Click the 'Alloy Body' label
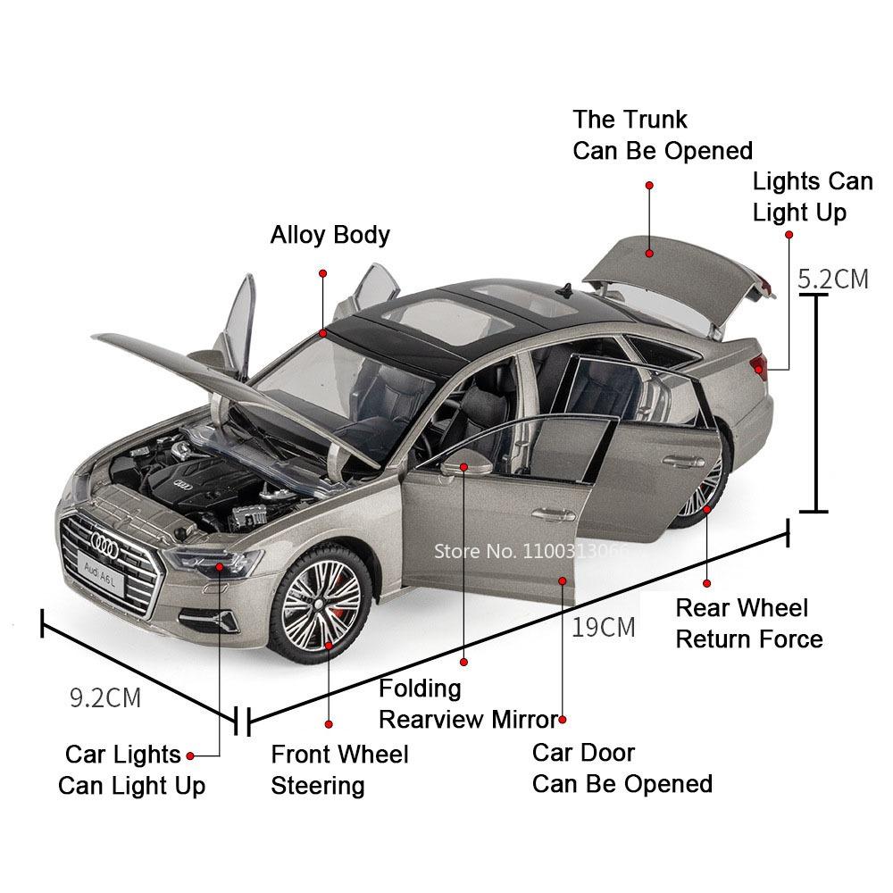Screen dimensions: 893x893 point(330,235)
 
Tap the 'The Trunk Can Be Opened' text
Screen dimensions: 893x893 point(662,135)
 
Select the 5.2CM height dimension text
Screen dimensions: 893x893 point(832,279)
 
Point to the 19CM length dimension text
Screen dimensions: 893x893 point(604,627)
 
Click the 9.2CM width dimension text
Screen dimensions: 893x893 point(105,697)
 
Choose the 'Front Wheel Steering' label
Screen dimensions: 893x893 point(339,770)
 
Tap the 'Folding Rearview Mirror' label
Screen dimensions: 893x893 point(468,704)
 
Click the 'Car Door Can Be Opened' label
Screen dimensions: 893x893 point(622,768)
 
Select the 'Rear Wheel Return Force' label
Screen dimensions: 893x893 point(748,623)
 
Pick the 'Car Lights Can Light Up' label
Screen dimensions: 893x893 point(131,770)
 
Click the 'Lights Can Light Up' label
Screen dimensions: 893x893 point(812,197)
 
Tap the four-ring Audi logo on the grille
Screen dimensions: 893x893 point(104,538)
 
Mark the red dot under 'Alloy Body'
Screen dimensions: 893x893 point(323,273)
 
